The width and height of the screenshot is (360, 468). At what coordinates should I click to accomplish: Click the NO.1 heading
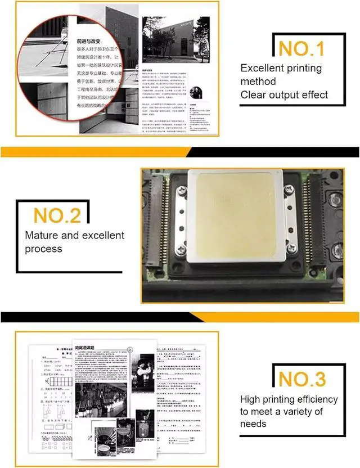pyautogui.click(x=301, y=48)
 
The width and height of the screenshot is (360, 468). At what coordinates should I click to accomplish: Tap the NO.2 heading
pyautogui.click(x=57, y=215)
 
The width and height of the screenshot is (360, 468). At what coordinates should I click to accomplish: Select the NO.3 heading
pyautogui.click(x=303, y=379)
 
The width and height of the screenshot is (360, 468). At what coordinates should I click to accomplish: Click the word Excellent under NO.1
pyautogui.click(x=264, y=69)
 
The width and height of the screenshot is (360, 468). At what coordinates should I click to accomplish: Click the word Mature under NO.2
pyautogui.click(x=42, y=235)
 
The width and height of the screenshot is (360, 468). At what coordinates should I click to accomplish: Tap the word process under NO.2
pyautogui.click(x=43, y=249)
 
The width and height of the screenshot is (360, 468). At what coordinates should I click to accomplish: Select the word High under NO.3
pyautogui.click(x=250, y=399)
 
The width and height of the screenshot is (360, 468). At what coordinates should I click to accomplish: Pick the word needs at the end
pyautogui.click(x=254, y=424)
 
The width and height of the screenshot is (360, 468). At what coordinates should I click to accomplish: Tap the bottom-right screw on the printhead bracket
pyautogui.click(x=291, y=248)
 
